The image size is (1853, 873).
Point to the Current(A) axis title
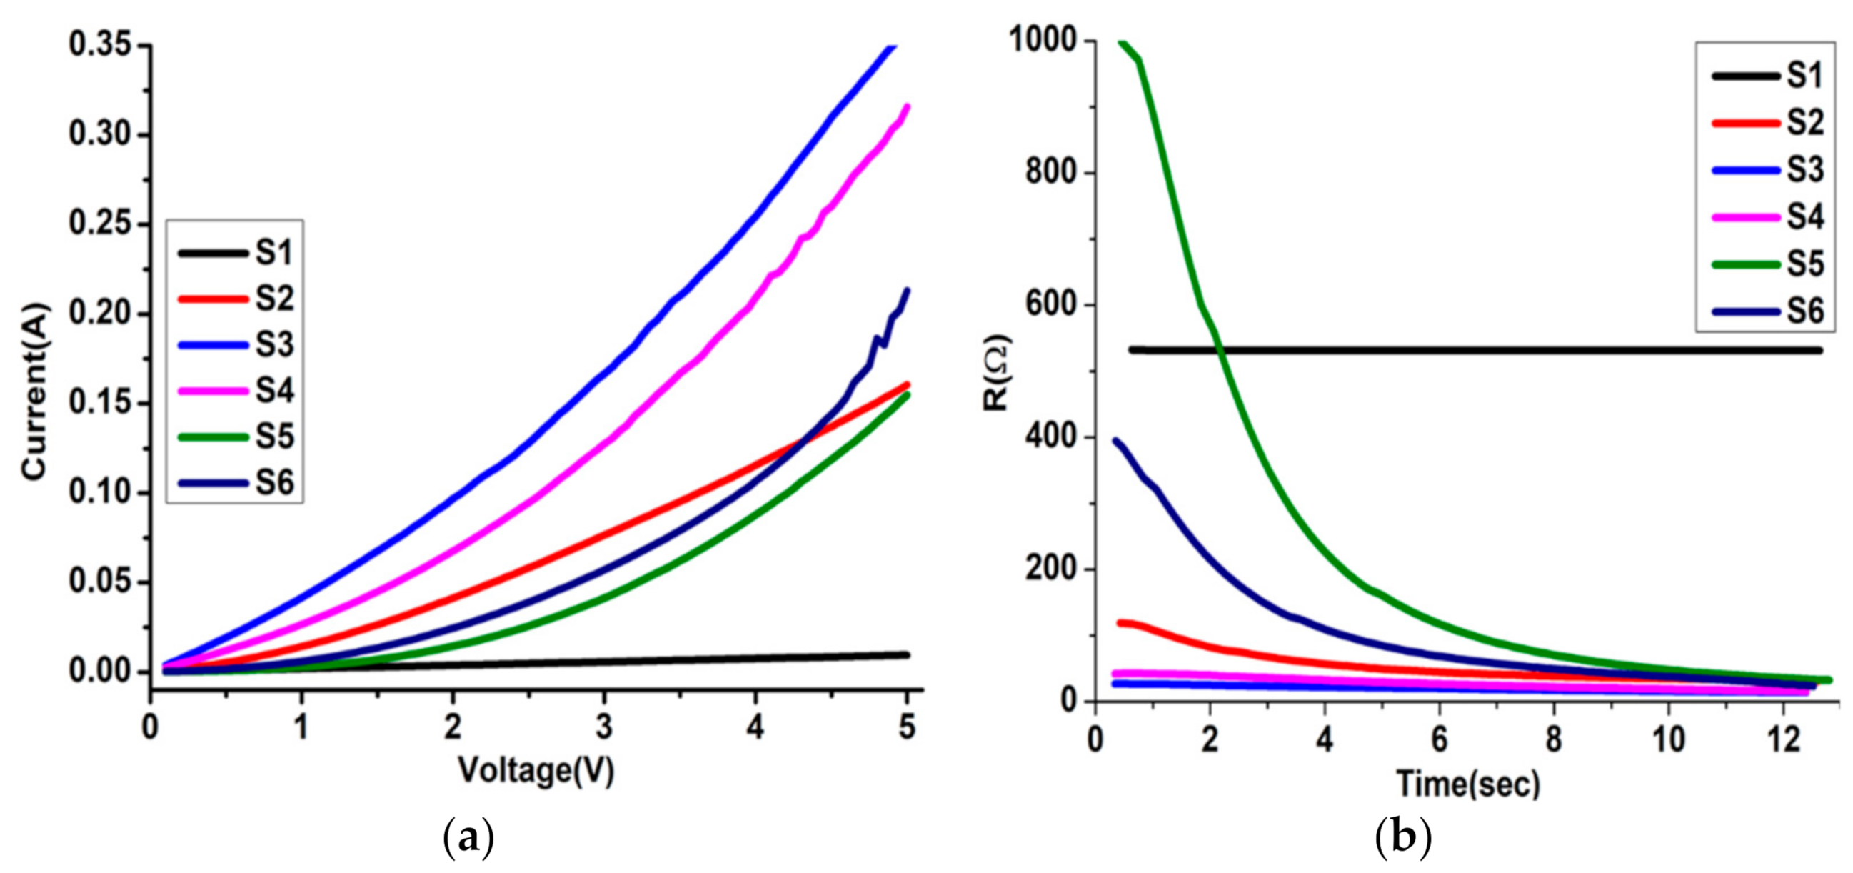click(x=34, y=393)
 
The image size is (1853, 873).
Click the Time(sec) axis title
click(x=1467, y=782)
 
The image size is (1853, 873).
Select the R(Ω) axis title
click(x=997, y=372)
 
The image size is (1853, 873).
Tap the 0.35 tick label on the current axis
click(x=100, y=44)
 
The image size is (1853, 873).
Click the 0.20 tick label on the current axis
click(x=100, y=314)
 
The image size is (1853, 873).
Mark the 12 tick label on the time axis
click(x=1782, y=740)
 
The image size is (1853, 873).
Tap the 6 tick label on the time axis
click(x=1439, y=740)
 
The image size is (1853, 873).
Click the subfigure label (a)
click(x=469, y=839)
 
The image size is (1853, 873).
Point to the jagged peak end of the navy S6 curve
click(x=906, y=291)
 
